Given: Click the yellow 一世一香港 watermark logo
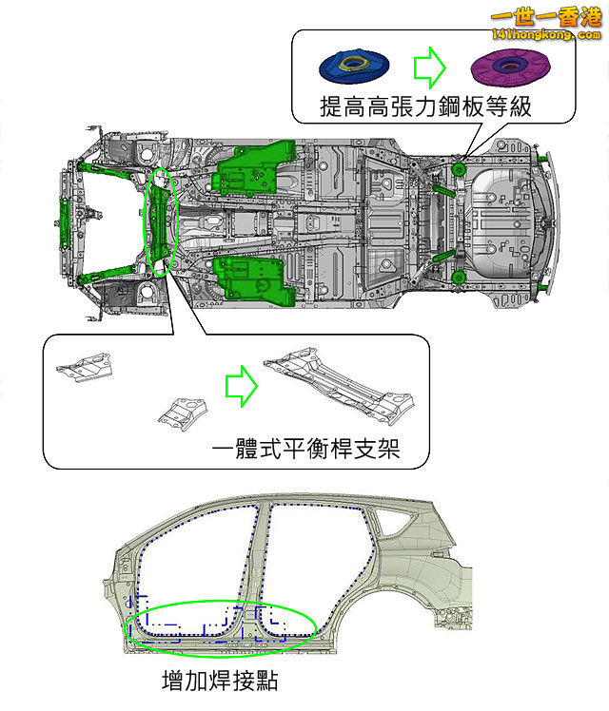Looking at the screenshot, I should coord(546,19).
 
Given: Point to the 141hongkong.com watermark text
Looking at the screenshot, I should coord(546,35).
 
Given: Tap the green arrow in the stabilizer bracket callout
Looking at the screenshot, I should coord(242,383).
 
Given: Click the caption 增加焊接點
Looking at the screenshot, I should coord(220,681).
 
